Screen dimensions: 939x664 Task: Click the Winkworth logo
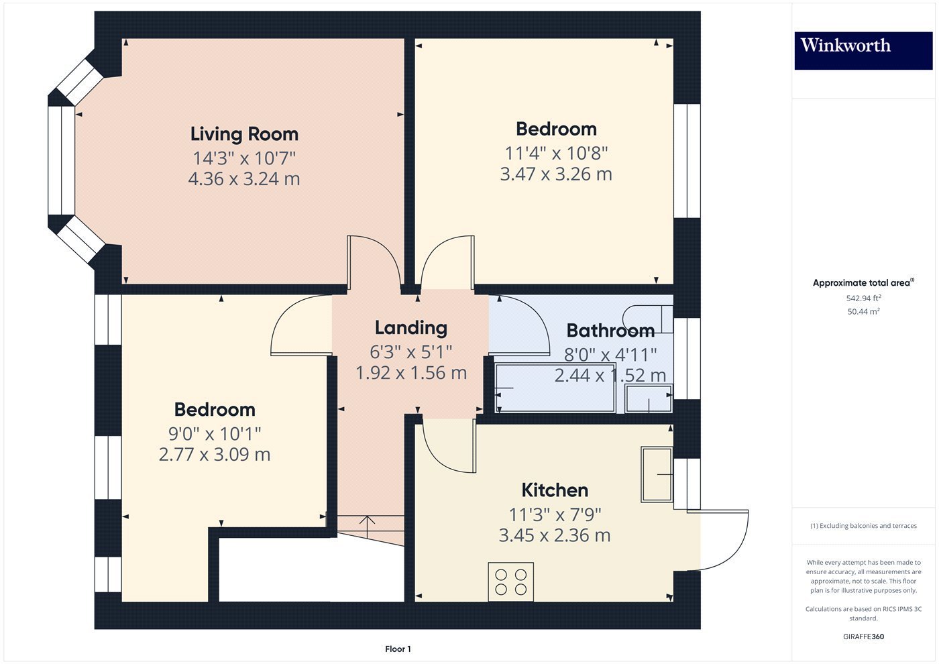(864, 51)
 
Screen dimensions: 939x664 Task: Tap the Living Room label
(244, 135)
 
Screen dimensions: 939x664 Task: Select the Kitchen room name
(555, 490)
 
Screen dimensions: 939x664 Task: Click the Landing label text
(410, 328)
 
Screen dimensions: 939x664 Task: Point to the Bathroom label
(610, 331)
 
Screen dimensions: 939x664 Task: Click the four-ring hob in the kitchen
(510, 582)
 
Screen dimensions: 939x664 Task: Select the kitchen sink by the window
(657, 475)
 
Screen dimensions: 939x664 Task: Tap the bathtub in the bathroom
(555, 388)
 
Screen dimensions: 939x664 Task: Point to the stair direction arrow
(368, 527)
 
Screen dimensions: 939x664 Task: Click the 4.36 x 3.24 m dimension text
(244, 179)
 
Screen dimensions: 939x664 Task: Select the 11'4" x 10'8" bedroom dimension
(556, 154)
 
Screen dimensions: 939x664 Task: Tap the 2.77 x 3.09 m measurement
(215, 455)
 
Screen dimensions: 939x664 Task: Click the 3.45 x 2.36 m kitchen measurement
(555, 535)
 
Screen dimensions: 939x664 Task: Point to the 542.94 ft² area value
(864, 298)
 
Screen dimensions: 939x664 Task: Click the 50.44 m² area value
(864, 311)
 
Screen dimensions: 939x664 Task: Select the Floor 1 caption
(398, 649)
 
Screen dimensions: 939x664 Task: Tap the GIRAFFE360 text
(864, 637)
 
